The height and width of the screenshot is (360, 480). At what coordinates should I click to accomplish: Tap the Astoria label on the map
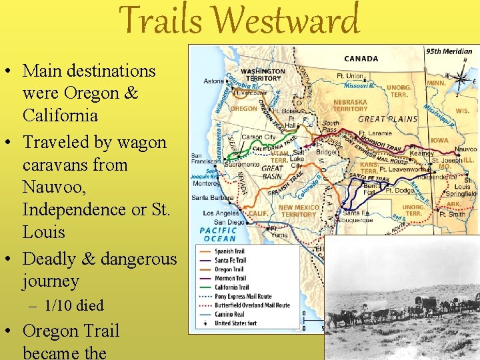pos(214,81)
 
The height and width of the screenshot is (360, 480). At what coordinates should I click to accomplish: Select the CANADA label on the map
pos(361,59)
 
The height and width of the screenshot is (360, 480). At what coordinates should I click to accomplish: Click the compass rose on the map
pos(461,79)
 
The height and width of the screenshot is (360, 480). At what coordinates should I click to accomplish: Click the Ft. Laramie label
pos(375,133)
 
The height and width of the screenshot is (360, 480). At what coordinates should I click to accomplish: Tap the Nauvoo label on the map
pos(465,149)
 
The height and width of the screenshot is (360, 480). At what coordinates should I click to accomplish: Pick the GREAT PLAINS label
pos(387,119)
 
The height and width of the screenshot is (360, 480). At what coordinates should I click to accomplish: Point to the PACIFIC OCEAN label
pos(217,235)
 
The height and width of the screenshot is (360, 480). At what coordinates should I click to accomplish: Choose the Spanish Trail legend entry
pos(230,252)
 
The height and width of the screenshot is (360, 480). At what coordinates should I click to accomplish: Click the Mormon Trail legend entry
pos(230,279)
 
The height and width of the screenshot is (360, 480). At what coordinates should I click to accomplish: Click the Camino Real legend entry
pos(230,314)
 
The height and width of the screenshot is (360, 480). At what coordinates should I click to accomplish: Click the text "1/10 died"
pos(74,306)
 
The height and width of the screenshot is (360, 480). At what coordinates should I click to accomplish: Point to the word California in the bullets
pos(60,115)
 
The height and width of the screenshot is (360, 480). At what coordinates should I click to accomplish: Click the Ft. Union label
pos(351,77)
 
